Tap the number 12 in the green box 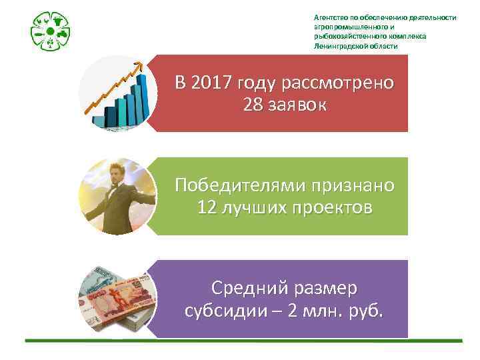[x=207, y=209]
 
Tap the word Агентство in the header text [x=329, y=17]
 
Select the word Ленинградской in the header [x=341, y=47]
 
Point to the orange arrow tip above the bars [x=140, y=65]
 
